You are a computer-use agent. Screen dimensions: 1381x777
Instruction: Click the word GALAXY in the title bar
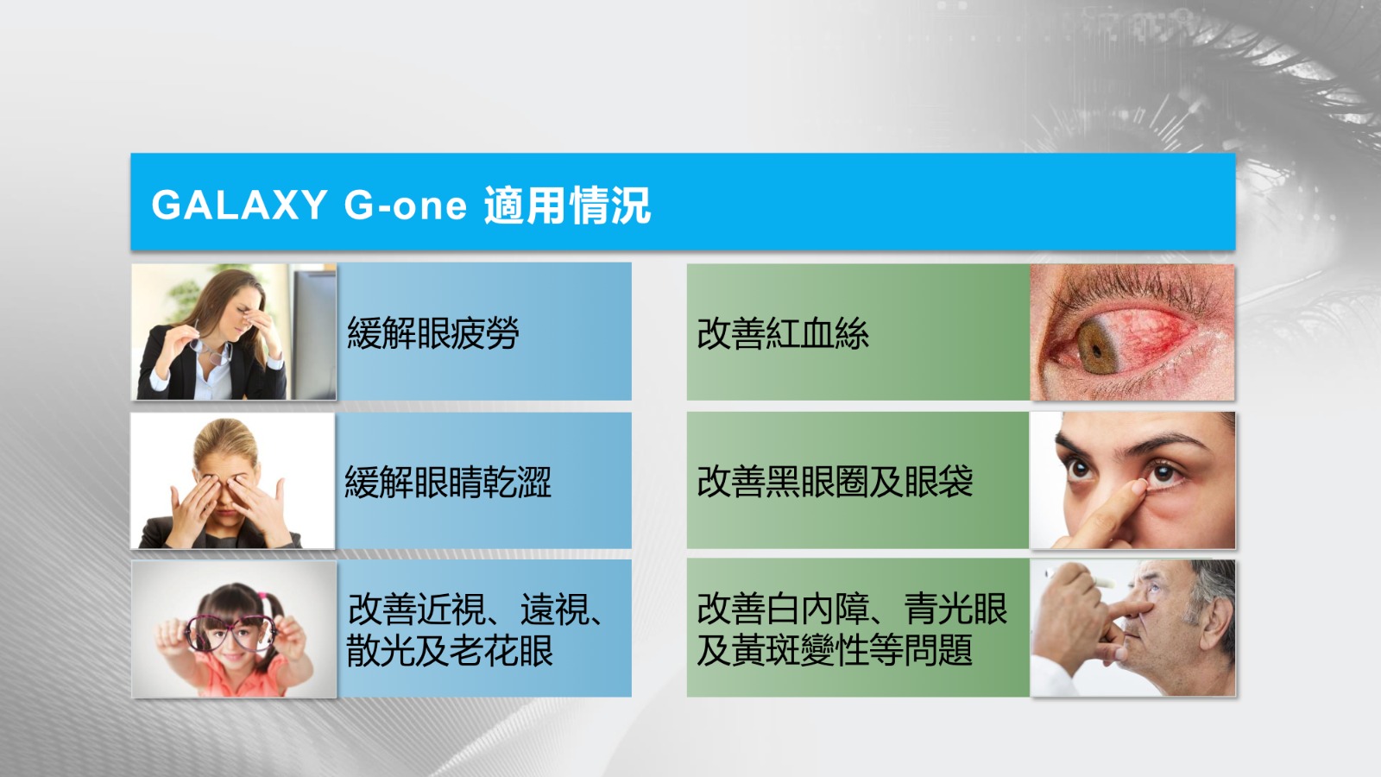(239, 205)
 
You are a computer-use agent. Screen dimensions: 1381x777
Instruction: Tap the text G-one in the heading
(405, 205)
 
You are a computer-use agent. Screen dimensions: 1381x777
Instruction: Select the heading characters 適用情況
(567, 205)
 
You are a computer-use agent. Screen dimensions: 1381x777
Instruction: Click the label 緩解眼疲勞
(432, 333)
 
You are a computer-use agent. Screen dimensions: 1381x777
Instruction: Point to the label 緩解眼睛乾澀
(448, 482)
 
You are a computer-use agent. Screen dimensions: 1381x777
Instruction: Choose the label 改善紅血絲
(783, 333)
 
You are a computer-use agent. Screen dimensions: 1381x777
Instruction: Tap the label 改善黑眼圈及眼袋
(836, 482)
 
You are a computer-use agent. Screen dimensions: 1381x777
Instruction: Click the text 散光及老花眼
(450, 651)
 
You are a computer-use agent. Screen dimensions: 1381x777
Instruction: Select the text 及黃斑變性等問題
(835, 651)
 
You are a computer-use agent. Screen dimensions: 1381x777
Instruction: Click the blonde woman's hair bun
(225, 435)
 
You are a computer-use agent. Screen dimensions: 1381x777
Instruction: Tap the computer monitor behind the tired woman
(313, 333)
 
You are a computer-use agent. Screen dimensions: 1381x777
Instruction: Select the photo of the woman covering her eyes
(233, 481)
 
